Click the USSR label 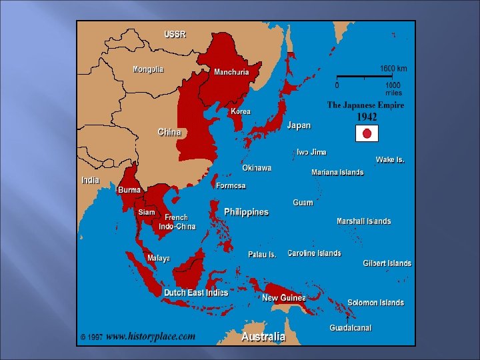click(175, 34)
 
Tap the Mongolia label click(148, 69)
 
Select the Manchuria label click(231, 72)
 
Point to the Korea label click(241, 111)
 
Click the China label click(169, 132)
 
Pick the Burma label click(129, 190)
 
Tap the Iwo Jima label click(311, 152)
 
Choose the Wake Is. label click(390, 159)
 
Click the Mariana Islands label click(337, 172)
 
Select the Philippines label click(246, 212)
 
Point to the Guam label click(303, 202)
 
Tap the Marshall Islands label click(363, 221)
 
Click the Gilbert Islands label click(387, 263)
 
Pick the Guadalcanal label click(350, 328)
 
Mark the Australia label click(263, 337)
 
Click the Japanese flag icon click(366, 133)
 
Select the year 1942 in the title click(366, 117)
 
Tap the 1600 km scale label click(393, 69)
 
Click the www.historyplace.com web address click(151, 337)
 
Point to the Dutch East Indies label click(196, 293)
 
